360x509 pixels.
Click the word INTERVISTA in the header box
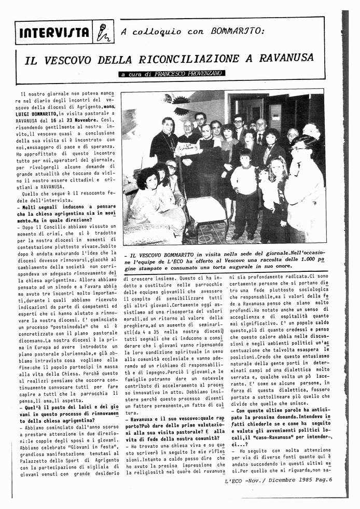point(53,33)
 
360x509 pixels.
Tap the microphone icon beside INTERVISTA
point(103,33)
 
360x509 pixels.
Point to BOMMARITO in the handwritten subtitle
point(238,31)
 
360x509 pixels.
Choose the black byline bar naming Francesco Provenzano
point(172,74)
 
